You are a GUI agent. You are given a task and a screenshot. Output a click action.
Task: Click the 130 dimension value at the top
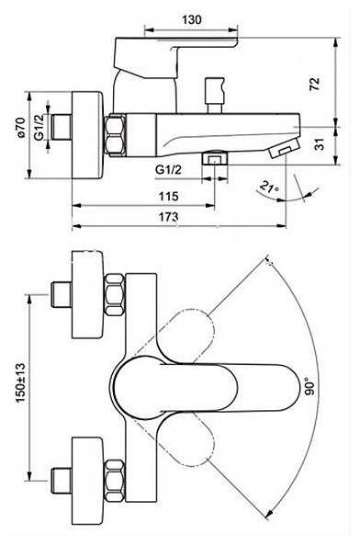tap(192, 19)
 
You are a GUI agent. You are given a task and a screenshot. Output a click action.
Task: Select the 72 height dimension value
tap(314, 85)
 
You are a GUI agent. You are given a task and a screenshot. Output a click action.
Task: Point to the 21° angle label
tap(269, 188)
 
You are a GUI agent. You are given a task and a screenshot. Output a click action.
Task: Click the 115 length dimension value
tap(168, 197)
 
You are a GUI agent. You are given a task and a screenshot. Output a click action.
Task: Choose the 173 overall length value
tap(168, 217)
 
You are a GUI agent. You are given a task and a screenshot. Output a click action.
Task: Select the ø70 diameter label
tap(21, 127)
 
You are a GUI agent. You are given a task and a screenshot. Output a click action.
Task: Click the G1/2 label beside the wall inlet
tap(39, 127)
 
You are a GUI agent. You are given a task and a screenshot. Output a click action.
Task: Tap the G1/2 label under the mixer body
tap(168, 170)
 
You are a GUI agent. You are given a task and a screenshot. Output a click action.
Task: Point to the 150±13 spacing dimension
tap(21, 382)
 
